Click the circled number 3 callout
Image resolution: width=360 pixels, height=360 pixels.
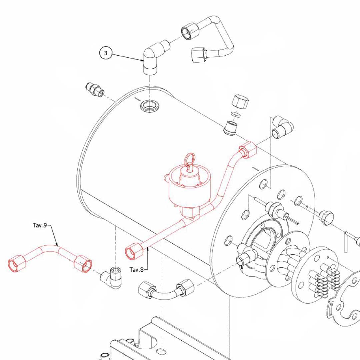click(x=106, y=53)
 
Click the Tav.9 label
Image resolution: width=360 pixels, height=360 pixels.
click(x=40, y=225)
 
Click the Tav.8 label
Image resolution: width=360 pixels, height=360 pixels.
click(x=136, y=270)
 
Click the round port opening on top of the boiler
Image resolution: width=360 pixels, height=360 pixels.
click(x=149, y=106)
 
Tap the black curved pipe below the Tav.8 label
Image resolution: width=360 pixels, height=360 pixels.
click(x=165, y=292)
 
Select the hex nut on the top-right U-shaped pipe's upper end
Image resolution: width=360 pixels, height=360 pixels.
click(x=190, y=32)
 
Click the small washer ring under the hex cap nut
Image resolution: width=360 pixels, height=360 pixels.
click(x=236, y=114)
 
